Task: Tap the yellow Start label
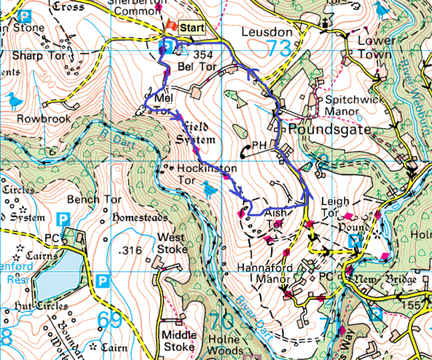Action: pyautogui.click(x=192, y=28)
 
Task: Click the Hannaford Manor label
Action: pyautogui.click(x=265, y=273)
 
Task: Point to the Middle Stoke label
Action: pyautogui.click(x=178, y=341)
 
